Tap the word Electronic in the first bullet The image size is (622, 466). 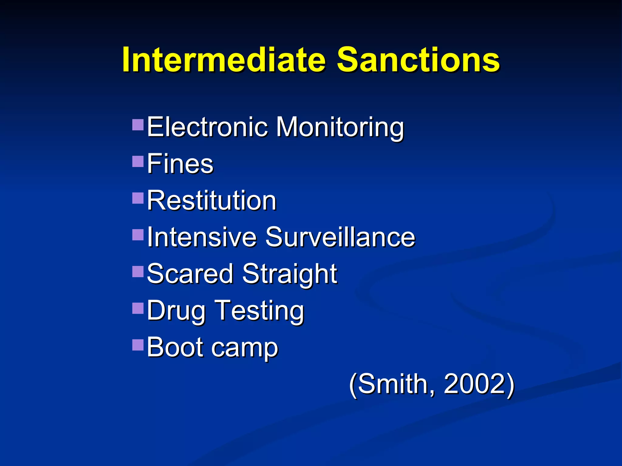[207, 127]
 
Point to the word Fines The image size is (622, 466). [180, 164]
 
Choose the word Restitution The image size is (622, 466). [211, 201]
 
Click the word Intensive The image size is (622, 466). [202, 237]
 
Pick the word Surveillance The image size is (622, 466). [340, 237]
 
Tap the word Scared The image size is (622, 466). [190, 274]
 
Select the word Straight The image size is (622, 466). [289, 274]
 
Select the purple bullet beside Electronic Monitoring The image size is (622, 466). [138, 124]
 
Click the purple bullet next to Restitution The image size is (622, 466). [138, 198]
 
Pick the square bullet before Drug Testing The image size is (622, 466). [138, 308]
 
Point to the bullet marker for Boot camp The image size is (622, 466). [138, 345]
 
